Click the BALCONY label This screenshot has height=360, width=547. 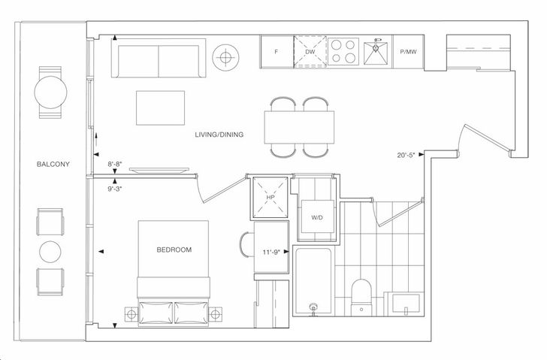[x=53, y=164]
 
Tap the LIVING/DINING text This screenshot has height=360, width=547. [x=219, y=135]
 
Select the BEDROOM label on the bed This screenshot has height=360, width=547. [x=174, y=250]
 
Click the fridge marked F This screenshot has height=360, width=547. [x=277, y=52]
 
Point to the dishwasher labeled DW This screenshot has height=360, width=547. [x=310, y=52]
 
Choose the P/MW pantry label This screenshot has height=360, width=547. [x=408, y=52]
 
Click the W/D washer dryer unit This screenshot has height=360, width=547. [x=317, y=216]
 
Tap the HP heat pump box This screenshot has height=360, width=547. [x=270, y=197]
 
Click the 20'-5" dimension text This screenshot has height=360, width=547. [x=406, y=156]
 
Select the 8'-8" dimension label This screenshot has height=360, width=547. [x=115, y=164]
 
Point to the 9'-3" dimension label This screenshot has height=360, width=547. [x=115, y=189]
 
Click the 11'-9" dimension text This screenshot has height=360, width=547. [x=271, y=253]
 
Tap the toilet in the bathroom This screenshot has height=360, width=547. [x=361, y=298]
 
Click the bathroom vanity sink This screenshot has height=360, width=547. [x=406, y=304]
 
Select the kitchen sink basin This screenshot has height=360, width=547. [x=376, y=53]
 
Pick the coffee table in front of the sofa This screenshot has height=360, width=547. [x=161, y=107]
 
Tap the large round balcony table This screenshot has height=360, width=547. [x=50, y=92]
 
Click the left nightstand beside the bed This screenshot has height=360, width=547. [x=131, y=315]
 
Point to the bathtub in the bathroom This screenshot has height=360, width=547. [x=313, y=280]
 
